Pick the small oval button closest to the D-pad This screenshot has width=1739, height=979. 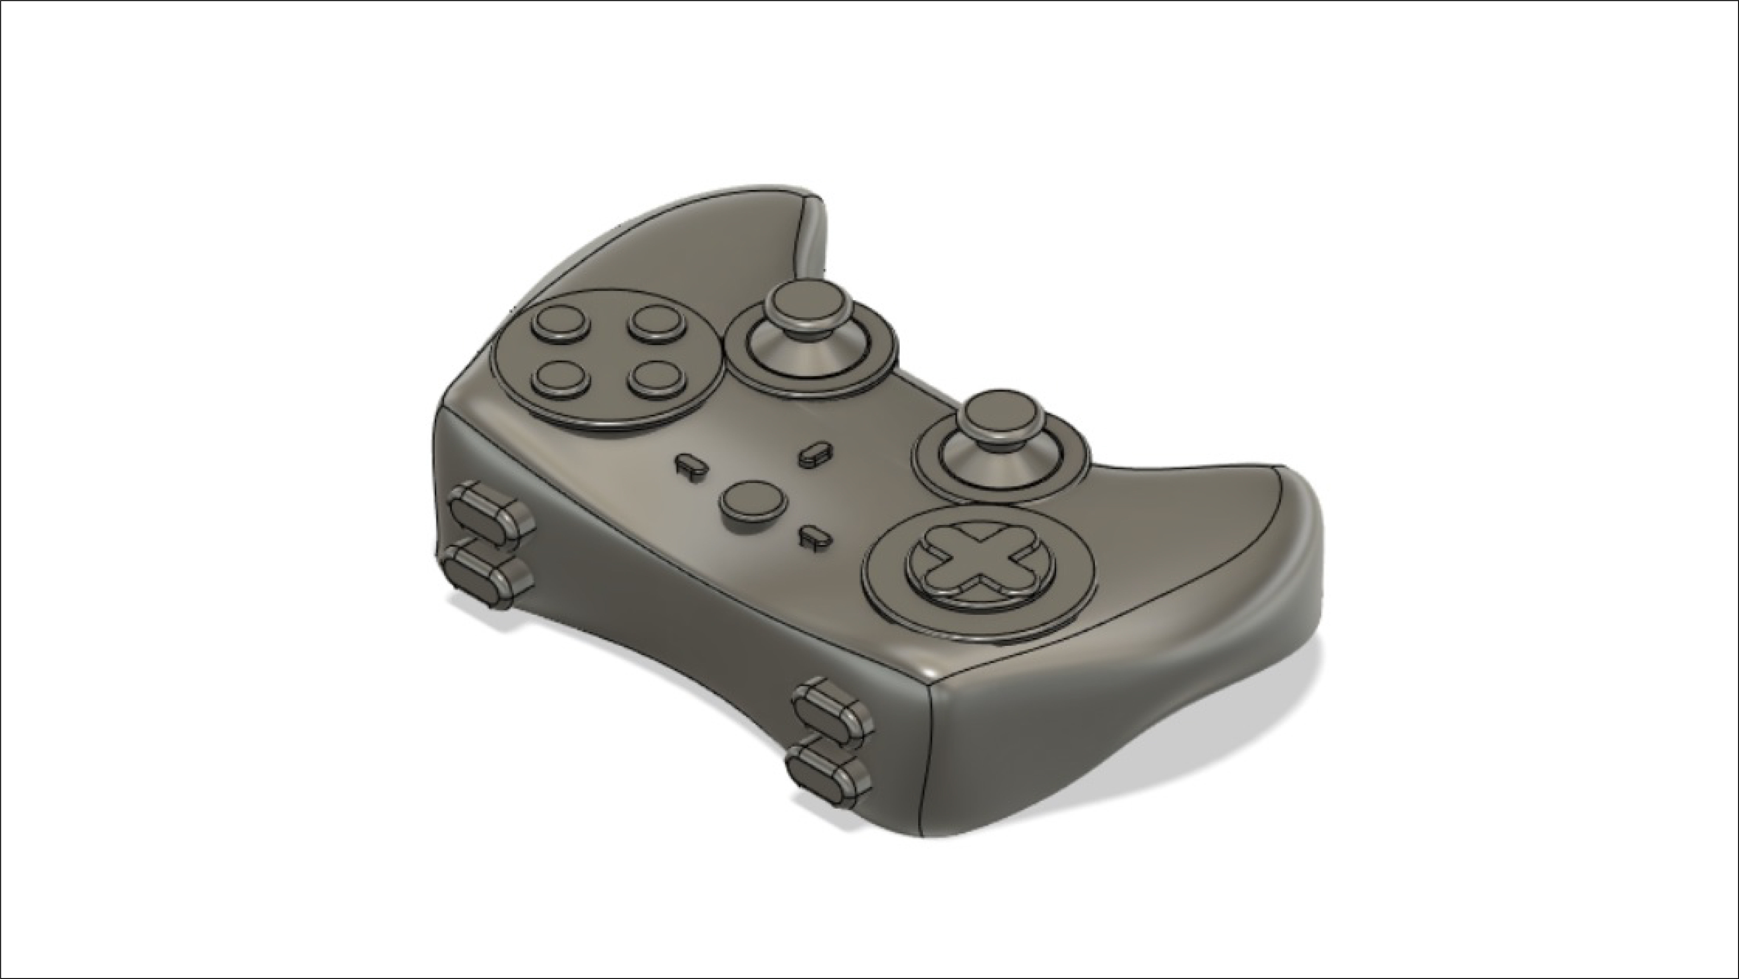pos(814,537)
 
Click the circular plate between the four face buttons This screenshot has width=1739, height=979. pos(608,351)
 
